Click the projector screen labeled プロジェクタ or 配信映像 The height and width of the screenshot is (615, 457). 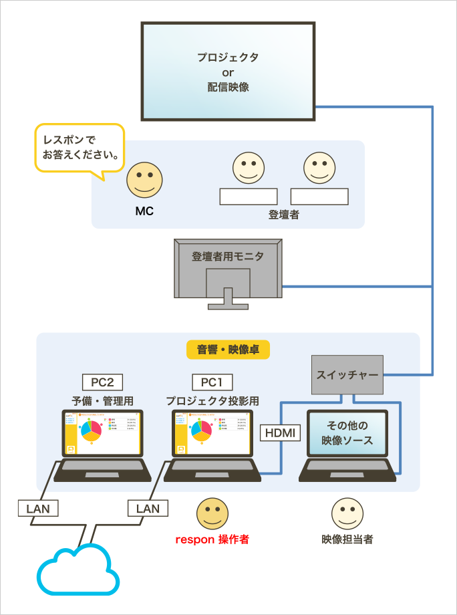[x=228, y=72]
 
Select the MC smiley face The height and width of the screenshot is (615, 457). [x=144, y=180]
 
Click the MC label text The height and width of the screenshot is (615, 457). [x=144, y=211]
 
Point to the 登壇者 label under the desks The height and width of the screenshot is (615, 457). [x=284, y=215]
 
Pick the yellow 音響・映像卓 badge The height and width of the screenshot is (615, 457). [x=228, y=350]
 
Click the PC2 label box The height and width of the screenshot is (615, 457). [x=102, y=382]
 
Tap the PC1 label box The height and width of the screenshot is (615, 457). [x=212, y=382]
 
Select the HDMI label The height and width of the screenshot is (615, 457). [x=280, y=433]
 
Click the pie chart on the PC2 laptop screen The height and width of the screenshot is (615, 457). [x=91, y=432]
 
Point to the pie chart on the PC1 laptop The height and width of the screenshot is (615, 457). [x=200, y=432]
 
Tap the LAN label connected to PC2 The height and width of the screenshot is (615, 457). [x=38, y=509]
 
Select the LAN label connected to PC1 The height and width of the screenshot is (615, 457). [x=148, y=509]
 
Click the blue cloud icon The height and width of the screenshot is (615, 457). [x=79, y=572]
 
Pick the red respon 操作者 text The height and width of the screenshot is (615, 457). [x=212, y=539]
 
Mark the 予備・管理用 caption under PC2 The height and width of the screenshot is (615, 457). [x=103, y=401]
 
